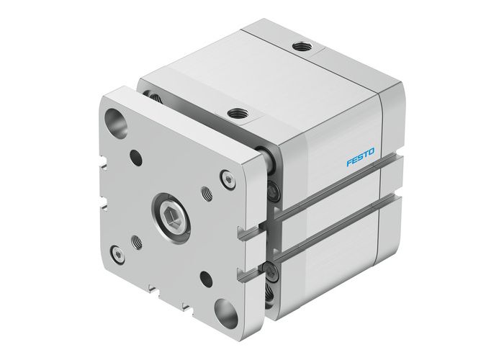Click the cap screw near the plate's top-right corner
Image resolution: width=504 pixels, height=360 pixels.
(228, 177)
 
